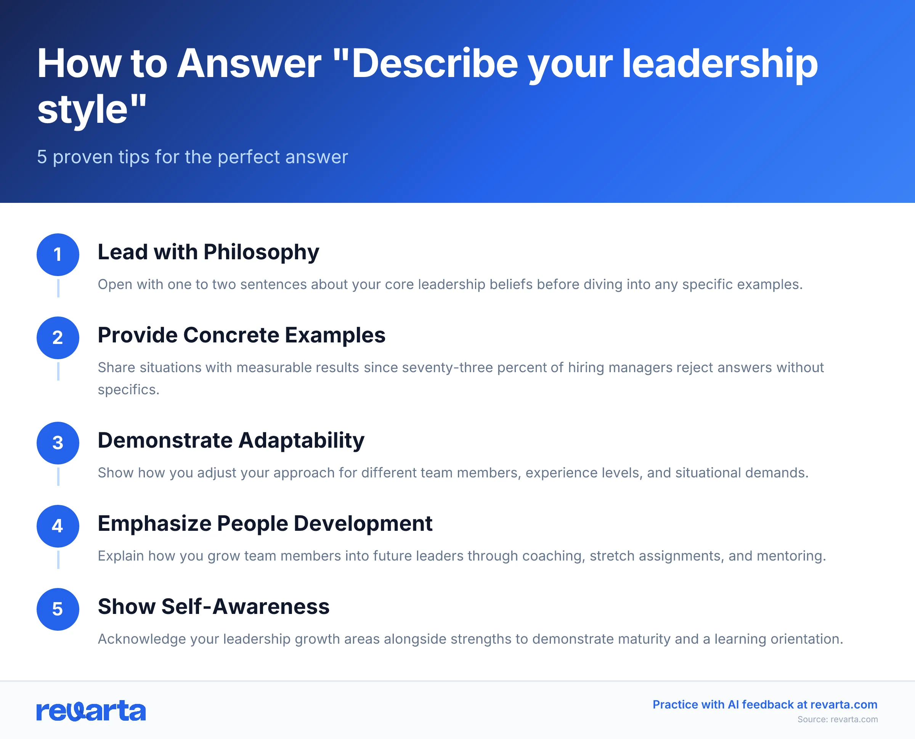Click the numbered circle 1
coord(58,255)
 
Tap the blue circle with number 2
coord(58,337)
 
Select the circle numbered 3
coord(58,443)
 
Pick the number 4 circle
coord(58,526)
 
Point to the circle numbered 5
coord(58,609)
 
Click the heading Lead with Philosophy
coord(208,252)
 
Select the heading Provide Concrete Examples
coord(241,335)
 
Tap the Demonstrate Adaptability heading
coord(231,440)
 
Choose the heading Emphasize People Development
coord(265,524)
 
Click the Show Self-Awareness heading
coord(213,607)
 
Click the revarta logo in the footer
coord(91,711)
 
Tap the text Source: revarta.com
coord(837,720)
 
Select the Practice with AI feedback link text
coord(765,705)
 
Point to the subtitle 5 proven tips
coord(193,157)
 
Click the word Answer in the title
coord(249,64)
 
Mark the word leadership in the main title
coord(720,64)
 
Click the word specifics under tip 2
coord(128,389)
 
